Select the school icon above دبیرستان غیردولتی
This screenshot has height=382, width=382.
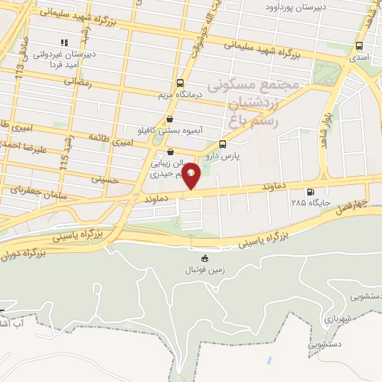pyautogui.click(x=64, y=43)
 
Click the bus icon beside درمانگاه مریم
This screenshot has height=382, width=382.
pyautogui.click(x=179, y=83)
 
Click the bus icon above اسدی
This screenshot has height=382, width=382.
pyautogui.click(x=360, y=46)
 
